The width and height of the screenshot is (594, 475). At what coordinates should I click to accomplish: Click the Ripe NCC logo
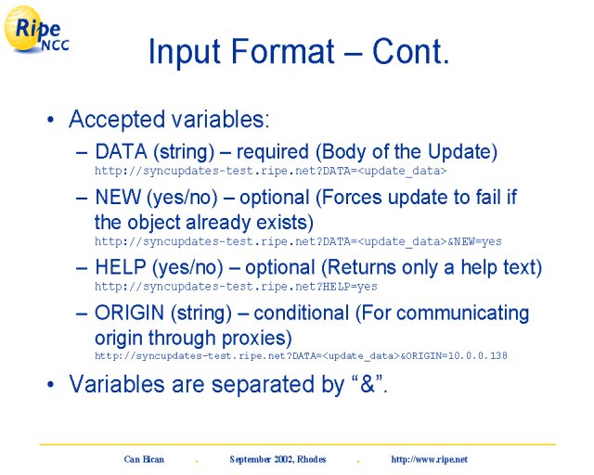click(x=36, y=29)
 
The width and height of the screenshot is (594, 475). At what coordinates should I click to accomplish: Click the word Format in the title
click(x=282, y=51)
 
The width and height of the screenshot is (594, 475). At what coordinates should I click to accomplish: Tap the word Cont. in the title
click(x=410, y=51)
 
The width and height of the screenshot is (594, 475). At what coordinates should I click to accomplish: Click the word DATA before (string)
click(x=121, y=151)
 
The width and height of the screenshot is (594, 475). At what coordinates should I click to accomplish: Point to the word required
click(x=273, y=152)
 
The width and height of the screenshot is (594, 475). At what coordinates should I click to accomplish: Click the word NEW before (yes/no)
click(x=118, y=198)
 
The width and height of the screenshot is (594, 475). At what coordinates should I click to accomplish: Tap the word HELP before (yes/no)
click(x=121, y=267)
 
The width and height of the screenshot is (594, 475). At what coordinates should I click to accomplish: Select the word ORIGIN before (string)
click(x=129, y=313)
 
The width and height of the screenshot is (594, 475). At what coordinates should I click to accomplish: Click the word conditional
click(x=301, y=314)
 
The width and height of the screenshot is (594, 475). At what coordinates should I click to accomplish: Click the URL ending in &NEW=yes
click(x=298, y=241)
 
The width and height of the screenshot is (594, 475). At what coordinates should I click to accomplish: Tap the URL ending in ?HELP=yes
click(x=236, y=287)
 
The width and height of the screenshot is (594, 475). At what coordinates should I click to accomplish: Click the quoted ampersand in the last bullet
click(x=368, y=383)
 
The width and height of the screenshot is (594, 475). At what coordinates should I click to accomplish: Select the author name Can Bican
click(x=144, y=459)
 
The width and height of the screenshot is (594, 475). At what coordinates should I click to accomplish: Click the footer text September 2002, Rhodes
click(x=278, y=459)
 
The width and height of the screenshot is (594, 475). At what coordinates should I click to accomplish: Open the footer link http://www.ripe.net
click(x=429, y=459)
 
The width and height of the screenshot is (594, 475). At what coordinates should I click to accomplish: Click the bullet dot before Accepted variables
click(x=51, y=120)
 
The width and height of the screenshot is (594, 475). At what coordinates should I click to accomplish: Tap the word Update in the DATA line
click(x=462, y=152)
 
